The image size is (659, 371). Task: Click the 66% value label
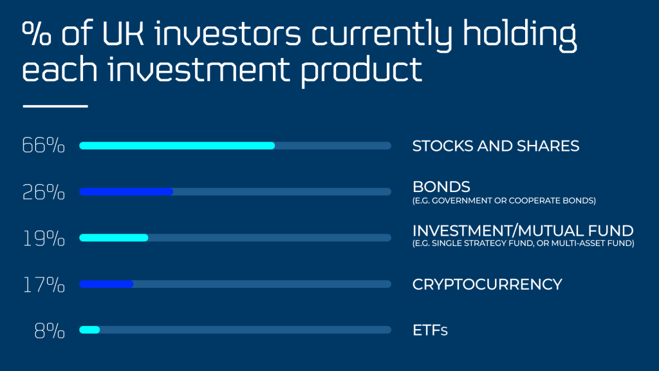[x=44, y=146]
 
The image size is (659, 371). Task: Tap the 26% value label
[x=44, y=192]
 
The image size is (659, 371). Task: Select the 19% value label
[x=44, y=238]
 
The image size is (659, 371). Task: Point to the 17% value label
[x=44, y=284]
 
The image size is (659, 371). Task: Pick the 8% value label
[x=50, y=330]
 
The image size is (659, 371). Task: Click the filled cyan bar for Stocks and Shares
[x=177, y=146]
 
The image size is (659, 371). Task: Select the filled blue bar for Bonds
[x=126, y=192]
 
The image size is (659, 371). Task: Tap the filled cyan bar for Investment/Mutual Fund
[x=114, y=238]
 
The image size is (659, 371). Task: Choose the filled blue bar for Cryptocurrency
[x=106, y=284]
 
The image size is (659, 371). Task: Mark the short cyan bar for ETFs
[x=89, y=330]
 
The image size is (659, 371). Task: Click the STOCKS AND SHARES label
[x=496, y=146]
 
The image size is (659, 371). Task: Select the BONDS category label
[x=441, y=187]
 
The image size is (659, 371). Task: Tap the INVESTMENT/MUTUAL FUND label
[x=523, y=231]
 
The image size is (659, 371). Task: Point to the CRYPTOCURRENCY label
[x=487, y=284]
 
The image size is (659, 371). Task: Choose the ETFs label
[x=429, y=330]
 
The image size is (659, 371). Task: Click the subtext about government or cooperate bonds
[x=504, y=200]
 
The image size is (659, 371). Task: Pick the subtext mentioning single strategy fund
[x=523, y=243]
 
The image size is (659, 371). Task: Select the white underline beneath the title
[x=55, y=106]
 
